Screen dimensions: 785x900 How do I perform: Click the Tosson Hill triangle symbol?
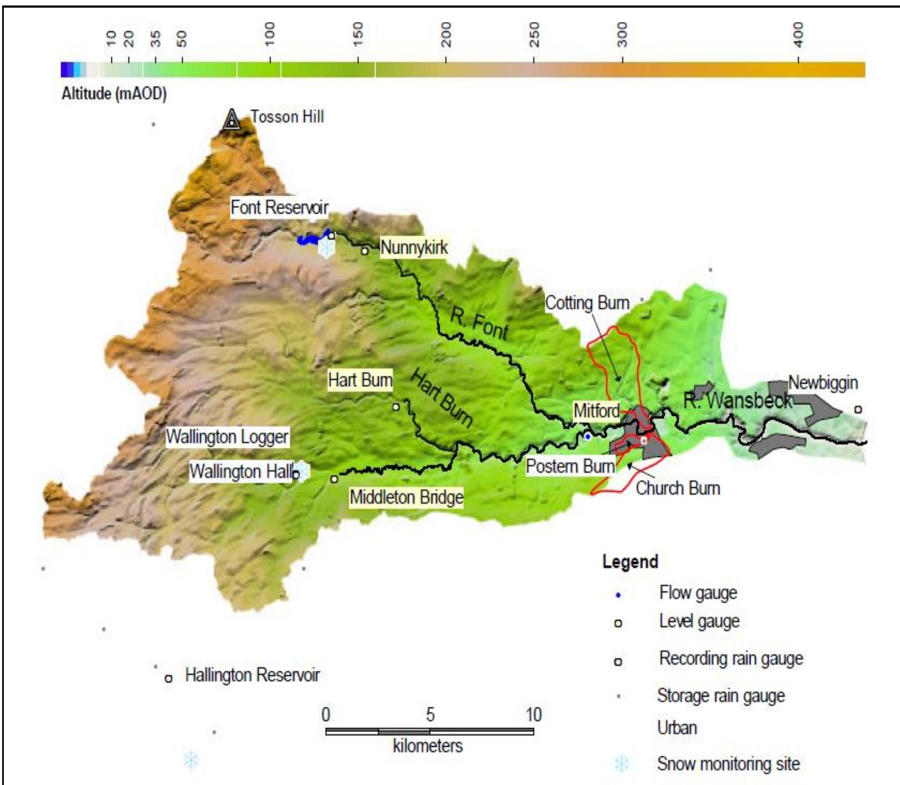tap(232, 119)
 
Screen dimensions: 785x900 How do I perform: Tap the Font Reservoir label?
tap(279, 208)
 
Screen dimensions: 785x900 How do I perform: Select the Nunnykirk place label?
tap(414, 247)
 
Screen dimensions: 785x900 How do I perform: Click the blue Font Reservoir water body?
tap(311, 239)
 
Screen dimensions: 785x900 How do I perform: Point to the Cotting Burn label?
tap(587, 303)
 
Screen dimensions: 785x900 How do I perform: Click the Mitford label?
tap(596, 410)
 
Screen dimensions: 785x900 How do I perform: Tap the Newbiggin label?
tap(823, 383)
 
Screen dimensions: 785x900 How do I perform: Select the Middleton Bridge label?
tap(406, 497)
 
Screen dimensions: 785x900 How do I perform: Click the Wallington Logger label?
tap(227, 437)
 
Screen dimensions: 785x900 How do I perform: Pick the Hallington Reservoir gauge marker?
tap(169, 678)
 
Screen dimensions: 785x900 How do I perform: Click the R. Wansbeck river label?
tap(737, 401)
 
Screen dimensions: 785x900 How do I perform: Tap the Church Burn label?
tap(677, 488)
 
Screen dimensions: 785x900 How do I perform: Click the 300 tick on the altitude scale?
tap(622, 59)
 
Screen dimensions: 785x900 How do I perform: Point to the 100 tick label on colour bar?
tap(269, 34)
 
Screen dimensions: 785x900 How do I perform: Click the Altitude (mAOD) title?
tap(114, 94)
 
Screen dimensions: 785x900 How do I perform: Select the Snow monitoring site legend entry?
tap(728, 763)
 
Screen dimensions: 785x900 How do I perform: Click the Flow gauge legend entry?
tap(698, 593)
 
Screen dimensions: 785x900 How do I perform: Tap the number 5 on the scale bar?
tap(430, 715)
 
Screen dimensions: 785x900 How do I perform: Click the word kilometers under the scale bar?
tap(427, 746)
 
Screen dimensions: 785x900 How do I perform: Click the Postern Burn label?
tap(570, 467)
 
